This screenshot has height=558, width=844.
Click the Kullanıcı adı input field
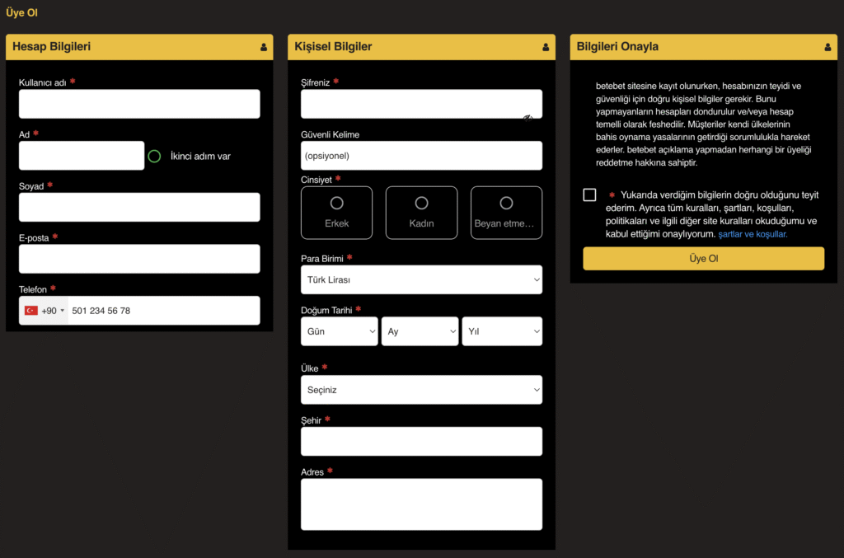[x=139, y=104]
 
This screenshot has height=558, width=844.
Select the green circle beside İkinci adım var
[x=154, y=156]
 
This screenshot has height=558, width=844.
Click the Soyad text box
[x=139, y=207]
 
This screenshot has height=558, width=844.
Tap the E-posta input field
[x=139, y=259]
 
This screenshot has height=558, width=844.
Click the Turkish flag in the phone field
[x=31, y=311]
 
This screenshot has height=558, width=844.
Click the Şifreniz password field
[x=421, y=104]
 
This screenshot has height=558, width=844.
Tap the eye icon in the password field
[x=528, y=119]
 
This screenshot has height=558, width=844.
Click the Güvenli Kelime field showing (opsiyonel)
[x=421, y=156]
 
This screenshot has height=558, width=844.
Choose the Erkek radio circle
[x=337, y=203]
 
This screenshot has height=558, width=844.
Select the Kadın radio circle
[x=421, y=203]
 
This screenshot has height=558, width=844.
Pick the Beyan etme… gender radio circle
[x=506, y=203]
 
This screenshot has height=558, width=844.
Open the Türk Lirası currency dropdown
[x=421, y=279]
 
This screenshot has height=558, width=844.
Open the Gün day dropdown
[x=339, y=331]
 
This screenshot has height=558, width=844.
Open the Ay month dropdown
[x=420, y=331]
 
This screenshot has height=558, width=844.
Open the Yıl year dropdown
[x=502, y=331]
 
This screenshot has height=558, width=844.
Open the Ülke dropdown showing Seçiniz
[x=421, y=390]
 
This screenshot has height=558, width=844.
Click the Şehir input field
[x=421, y=441]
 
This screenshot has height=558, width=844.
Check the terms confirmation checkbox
[x=589, y=195]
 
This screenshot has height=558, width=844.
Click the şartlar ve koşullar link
[x=753, y=234]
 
